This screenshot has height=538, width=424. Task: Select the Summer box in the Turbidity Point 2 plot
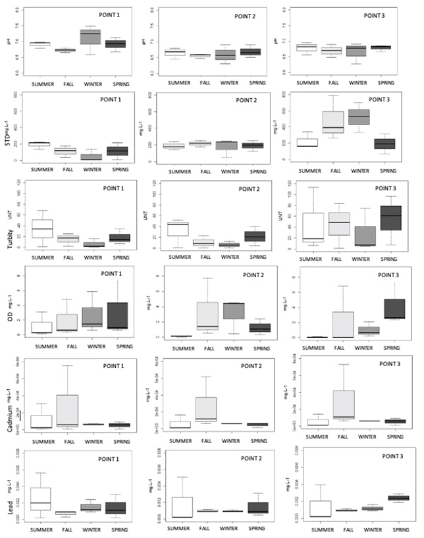[x=178, y=229]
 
